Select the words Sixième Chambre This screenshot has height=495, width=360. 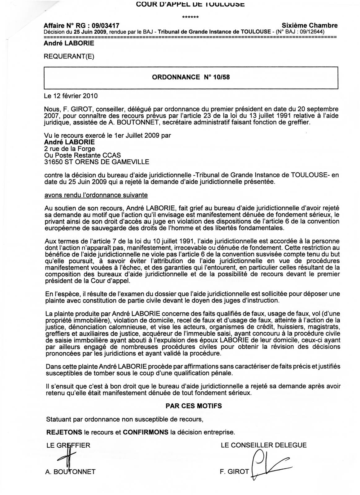[x=310, y=25]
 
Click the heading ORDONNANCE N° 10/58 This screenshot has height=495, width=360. [x=191, y=77]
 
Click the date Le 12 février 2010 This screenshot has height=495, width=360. [x=71, y=96]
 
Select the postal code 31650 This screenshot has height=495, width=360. [x=53, y=161]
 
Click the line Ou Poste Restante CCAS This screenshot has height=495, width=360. [x=82, y=155]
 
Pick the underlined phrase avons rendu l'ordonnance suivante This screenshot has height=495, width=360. [x=96, y=195]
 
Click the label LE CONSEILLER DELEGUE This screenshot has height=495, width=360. [x=264, y=445]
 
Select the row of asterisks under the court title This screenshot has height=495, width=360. [x=190, y=17]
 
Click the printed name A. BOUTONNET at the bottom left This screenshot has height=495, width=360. [x=71, y=471]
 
